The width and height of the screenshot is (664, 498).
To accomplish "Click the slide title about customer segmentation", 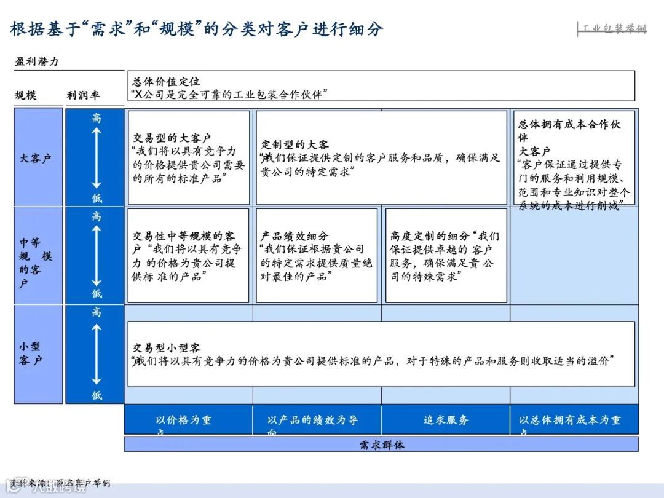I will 197,28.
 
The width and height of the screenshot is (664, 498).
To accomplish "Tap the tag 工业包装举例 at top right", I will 613,28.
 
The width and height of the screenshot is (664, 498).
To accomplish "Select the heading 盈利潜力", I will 37,61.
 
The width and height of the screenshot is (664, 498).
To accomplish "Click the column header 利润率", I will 83,95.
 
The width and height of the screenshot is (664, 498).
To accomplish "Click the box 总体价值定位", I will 381,86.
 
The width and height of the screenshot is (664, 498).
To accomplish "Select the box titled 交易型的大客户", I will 189,158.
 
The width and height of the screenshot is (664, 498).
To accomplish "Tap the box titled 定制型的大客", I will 381,158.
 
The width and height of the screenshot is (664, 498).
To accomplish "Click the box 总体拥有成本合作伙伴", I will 574,158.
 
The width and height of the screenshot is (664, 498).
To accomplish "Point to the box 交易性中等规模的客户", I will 189,256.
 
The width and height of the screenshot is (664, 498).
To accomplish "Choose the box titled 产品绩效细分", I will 317,256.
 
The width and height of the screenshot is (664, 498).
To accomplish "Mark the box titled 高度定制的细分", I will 446,256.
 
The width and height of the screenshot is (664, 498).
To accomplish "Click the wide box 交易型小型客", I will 381,354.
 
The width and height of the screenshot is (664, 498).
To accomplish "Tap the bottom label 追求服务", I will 446,420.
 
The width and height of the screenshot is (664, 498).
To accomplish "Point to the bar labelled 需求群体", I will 381,445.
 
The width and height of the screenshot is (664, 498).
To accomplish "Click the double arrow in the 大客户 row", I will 97,158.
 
